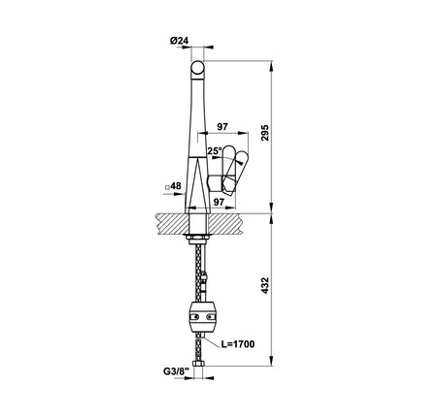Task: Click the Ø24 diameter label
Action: [x=179, y=41]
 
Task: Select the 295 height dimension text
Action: [x=265, y=132]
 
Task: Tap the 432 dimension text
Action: [x=265, y=285]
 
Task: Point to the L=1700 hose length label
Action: [x=238, y=344]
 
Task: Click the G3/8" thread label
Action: [x=176, y=371]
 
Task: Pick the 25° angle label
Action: [x=215, y=150]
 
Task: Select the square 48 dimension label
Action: [x=173, y=186]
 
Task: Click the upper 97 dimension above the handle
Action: [x=222, y=127]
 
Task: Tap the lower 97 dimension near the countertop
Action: [x=219, y=202]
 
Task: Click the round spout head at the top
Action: [x=197, y=69]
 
